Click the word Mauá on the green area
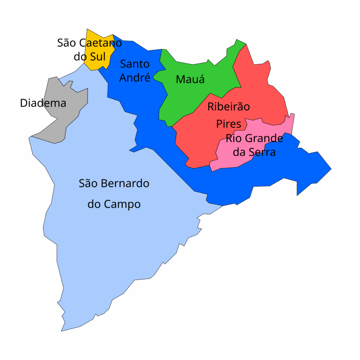(190, 79)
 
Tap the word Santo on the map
(135, 64)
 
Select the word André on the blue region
(135, 77)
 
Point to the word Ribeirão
(229, 106)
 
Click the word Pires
(229, 124)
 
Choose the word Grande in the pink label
(263, 138)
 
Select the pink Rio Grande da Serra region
(232, 158)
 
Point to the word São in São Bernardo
(88, 183)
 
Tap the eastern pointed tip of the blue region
(330, 169)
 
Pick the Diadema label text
(43, 103)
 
